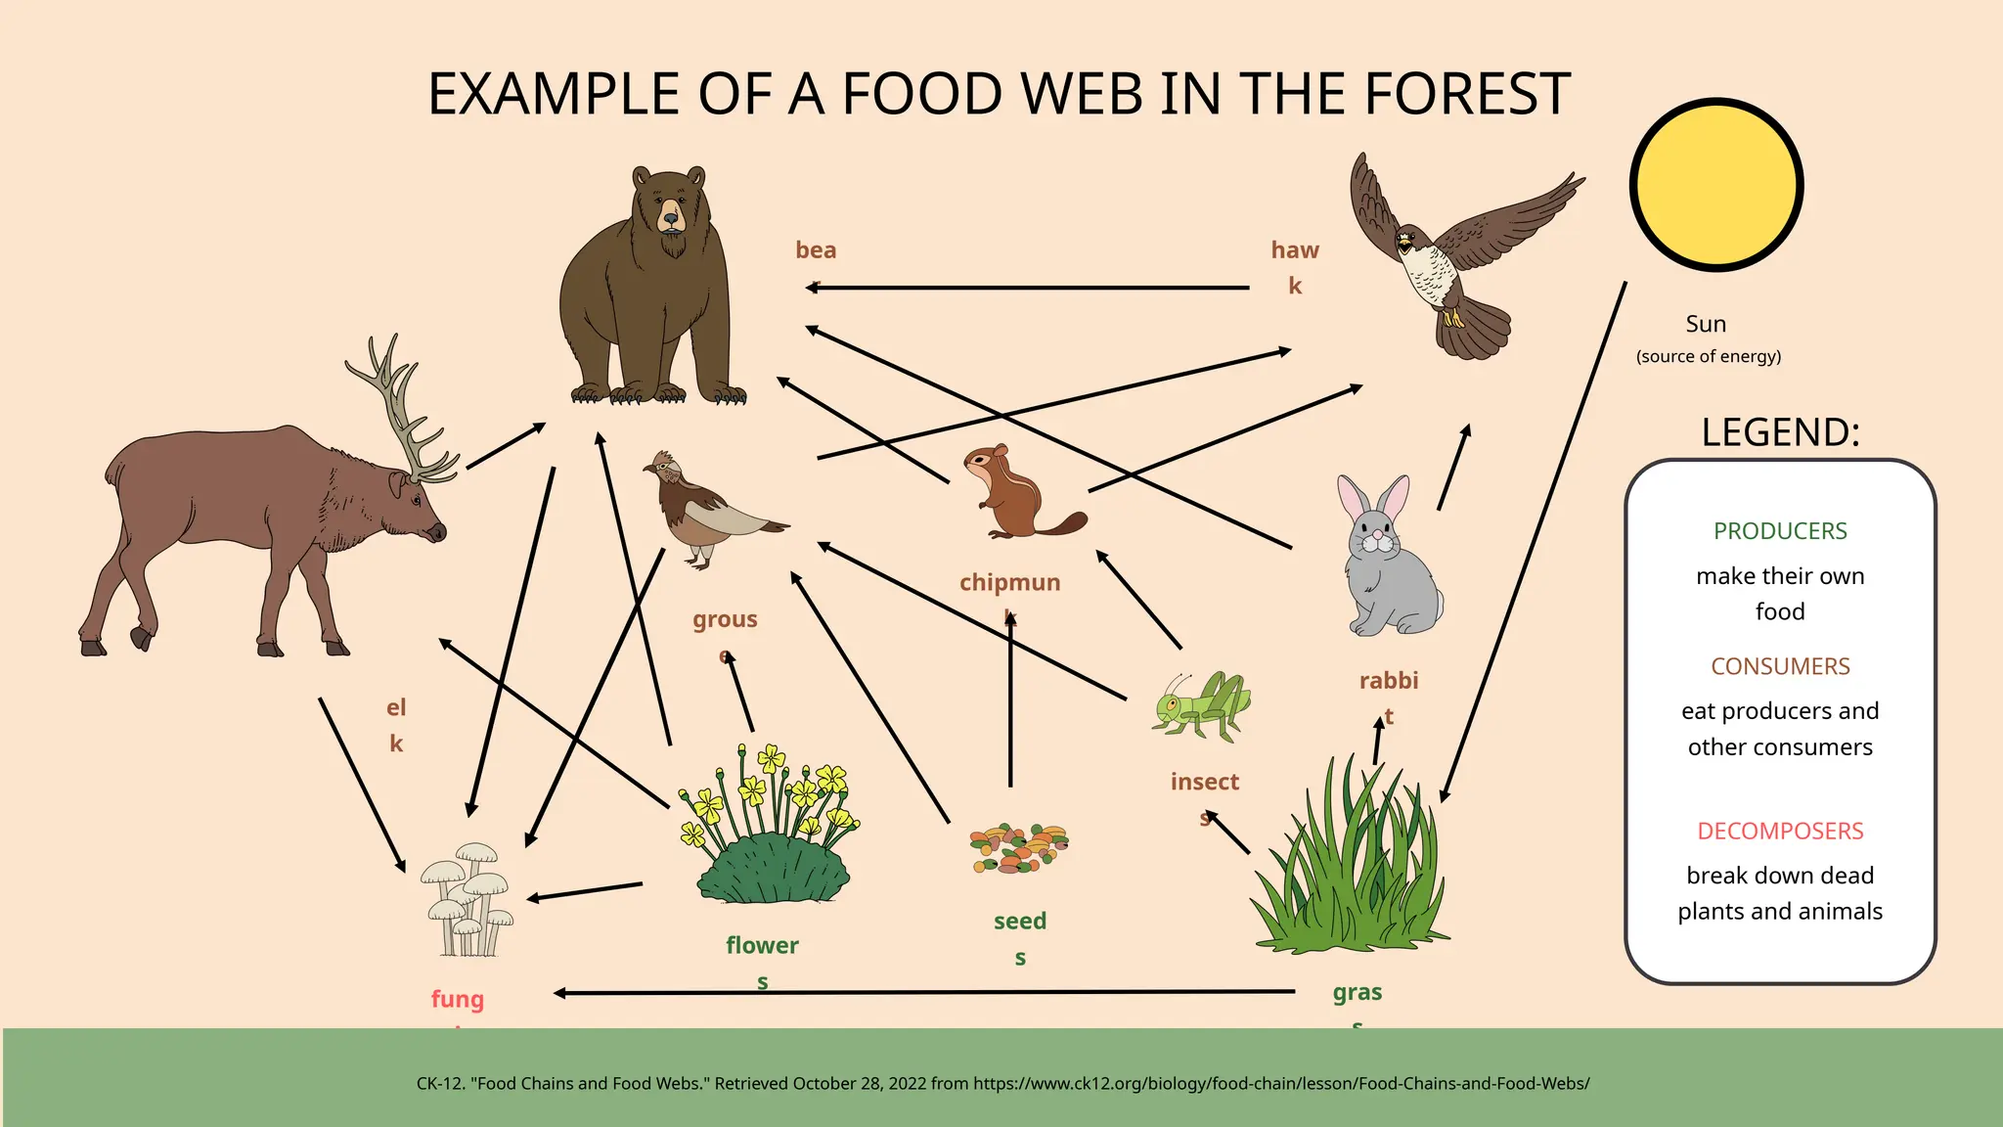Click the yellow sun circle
coord(1716,185)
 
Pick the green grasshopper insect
coord(1201,704)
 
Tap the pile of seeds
coord(1019,847)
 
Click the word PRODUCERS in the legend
coord(1780,531)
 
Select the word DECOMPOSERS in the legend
coord(1780,831)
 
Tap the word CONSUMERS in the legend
coord(1780,666)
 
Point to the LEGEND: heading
coord(1780,432)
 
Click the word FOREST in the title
coord(1467,95)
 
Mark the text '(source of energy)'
coord(1709,356)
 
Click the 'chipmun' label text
coord(1009,583)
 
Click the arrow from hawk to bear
coord(1027,288)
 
